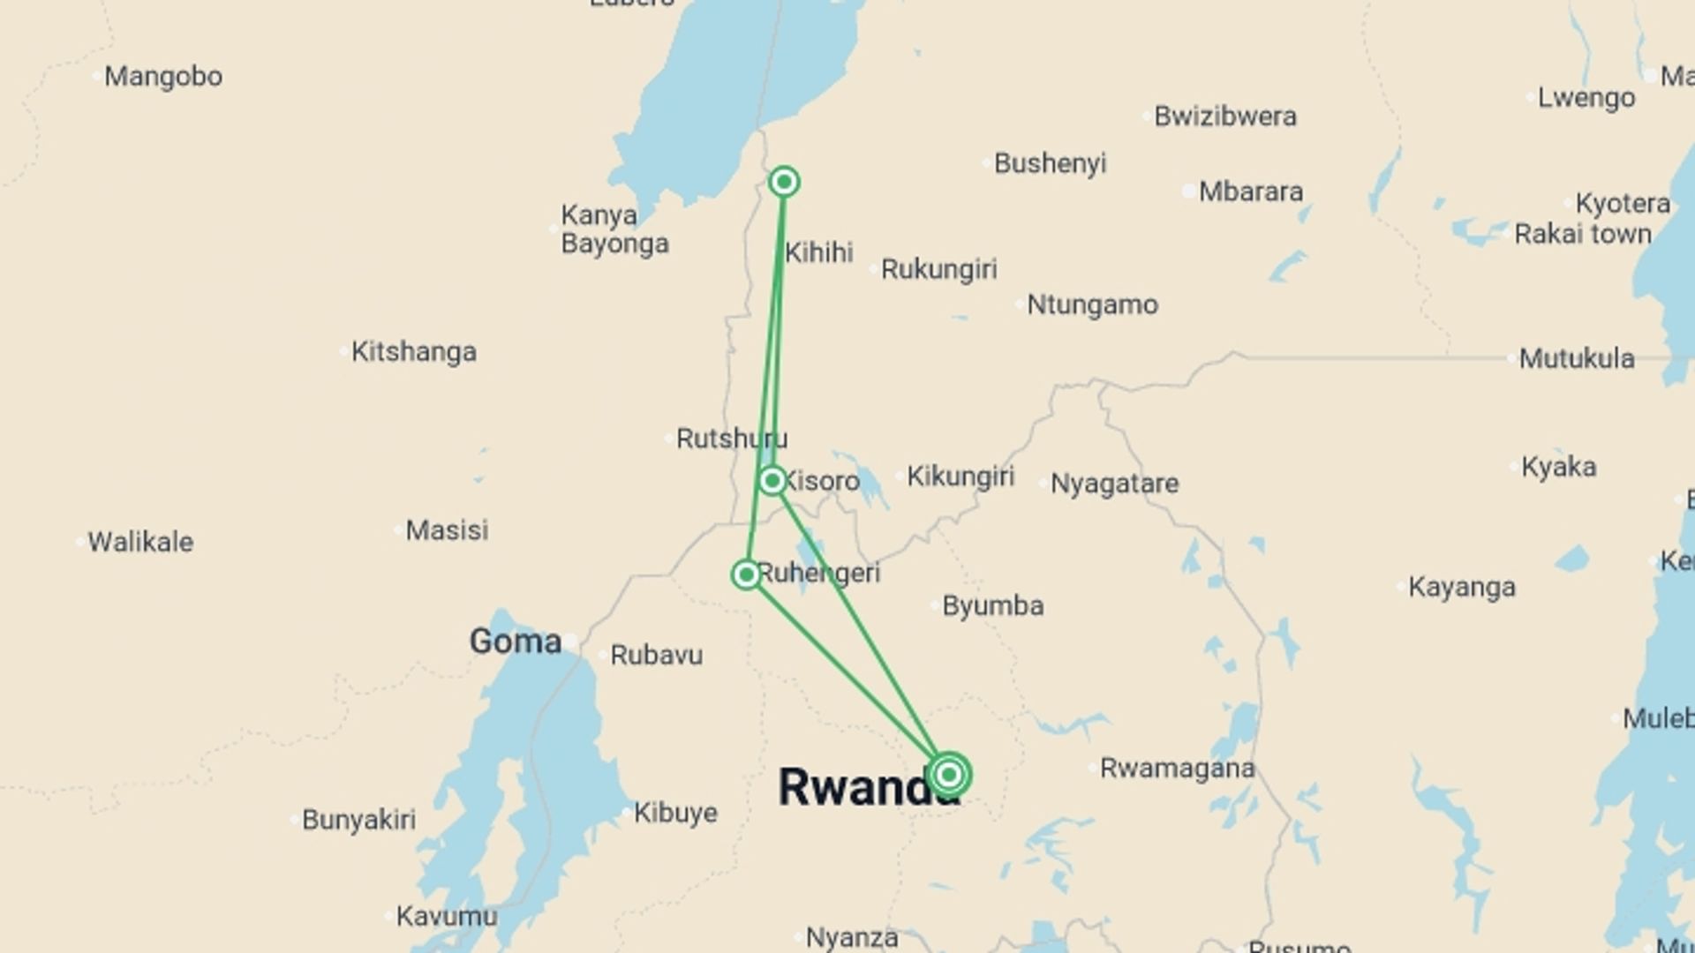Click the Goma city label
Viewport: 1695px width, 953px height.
(515, 642)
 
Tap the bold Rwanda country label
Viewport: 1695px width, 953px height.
(865, 787)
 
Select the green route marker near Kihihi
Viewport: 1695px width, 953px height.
(784, 183)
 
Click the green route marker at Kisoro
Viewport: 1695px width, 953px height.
(772, 481)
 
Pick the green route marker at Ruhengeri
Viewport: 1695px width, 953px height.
(747, 575)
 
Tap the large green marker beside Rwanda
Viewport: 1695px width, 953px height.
(949, 775)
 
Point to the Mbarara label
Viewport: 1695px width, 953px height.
(1250, 191)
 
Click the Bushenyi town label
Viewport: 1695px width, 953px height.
(1050, 163)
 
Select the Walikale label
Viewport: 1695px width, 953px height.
(140, 542)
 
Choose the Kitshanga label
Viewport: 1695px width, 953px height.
(413, 352)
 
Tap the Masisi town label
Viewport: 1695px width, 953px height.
(447, 530)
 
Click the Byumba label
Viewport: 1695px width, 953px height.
(992, 606)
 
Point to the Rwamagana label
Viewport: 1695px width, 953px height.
(1177, 769)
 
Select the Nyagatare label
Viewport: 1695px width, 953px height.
(1114, 484)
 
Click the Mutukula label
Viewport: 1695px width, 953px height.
(1576, 359)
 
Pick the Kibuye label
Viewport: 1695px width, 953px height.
(675, 813)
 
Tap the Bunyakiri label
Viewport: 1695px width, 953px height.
(358, 820)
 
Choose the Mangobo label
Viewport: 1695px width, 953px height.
(163, 77)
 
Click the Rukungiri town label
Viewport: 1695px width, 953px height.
(938, 269)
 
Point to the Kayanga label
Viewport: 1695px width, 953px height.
(1461, 587)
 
